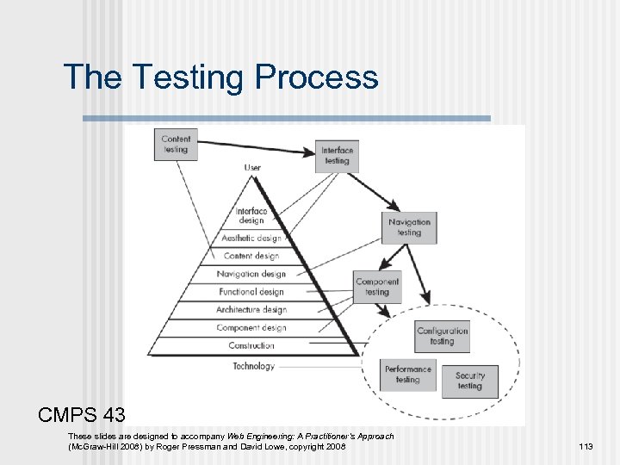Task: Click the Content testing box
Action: (x=176, y=144)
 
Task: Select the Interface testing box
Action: (x=337, y=156)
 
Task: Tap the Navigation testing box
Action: (x=409, y=227)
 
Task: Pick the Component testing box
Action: (x=377, y=287)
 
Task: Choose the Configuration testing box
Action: (x=442, y=336)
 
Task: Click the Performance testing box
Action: (x=408, y=375)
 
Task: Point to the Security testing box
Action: (x=470, y=381)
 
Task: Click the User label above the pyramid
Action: (x=252, y=168)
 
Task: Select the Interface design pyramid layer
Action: (x=251, y=215)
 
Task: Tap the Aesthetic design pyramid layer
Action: (x=251, y=239)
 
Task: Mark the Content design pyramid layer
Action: (x=251, y=256)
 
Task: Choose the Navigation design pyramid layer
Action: (x=251, y=274)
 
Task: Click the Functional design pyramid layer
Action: (x=251, y=292)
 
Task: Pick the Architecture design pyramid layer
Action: (x=251, y=310)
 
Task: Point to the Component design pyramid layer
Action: (x=251, y=328)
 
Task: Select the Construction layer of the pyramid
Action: (x=251, y=346)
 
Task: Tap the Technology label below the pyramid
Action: (x=253, y=366)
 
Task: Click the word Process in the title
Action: (x=316, y=77)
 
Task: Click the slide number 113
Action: (x=586, y=446)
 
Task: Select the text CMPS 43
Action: (x=82, y=414)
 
